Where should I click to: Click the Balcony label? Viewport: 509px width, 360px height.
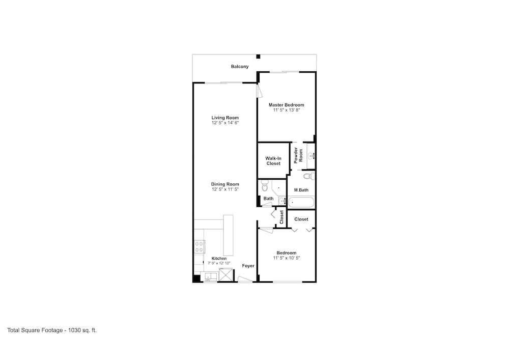tap(240, 67)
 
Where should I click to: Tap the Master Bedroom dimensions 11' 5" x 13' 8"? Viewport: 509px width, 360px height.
tap(286, 110)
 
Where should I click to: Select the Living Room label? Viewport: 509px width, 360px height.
tap(225, 118)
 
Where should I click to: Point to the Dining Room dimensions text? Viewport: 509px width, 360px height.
tap(225, 189)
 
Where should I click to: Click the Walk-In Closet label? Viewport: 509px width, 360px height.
tap(273, 161)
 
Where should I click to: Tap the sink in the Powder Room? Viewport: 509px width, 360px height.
tap(312, 156)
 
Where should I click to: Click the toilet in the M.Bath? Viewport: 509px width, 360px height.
tap(309, 177)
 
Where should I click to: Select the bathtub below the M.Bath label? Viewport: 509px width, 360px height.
tap(301, 202)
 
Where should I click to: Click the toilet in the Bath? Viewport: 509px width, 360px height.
tap(265, 186)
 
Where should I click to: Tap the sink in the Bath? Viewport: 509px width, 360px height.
tap(282, 201)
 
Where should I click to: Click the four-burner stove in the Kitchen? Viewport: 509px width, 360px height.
tap(199, 247)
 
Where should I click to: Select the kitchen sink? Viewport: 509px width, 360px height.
tap(209, 277)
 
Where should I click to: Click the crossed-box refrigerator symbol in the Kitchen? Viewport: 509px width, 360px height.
tap(226, 275)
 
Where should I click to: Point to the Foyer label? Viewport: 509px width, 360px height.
tap(248, 266)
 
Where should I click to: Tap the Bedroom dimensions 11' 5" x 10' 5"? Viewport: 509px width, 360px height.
tap(286, 258)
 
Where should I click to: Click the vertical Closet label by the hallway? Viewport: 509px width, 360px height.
tap(282, 217)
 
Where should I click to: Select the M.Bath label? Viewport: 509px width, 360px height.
tap(301, 190)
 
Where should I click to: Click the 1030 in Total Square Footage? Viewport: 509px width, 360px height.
tap(74, 330)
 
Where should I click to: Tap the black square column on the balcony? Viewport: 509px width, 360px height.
tap(259, 57)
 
